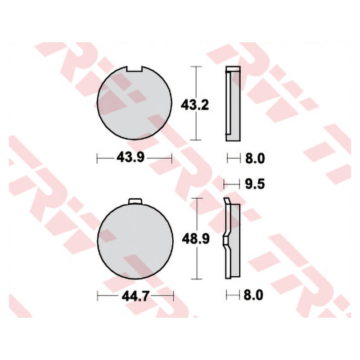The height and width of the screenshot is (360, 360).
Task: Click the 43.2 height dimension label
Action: (195, 106)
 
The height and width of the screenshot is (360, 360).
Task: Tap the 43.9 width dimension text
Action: (130, 157)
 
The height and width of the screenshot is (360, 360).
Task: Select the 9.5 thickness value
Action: (255, 184)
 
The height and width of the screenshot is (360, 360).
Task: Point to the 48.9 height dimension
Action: (196, 239)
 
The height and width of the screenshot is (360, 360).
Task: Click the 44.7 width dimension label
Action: (136, 296)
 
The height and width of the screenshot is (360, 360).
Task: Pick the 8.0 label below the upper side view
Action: (255, 158)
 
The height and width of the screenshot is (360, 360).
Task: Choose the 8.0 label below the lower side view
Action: (253, 295)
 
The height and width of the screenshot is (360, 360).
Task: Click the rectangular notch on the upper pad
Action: (134, 69)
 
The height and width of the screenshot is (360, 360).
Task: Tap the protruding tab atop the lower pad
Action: (135, 201)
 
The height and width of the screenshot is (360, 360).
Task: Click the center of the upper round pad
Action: (135, 103)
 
